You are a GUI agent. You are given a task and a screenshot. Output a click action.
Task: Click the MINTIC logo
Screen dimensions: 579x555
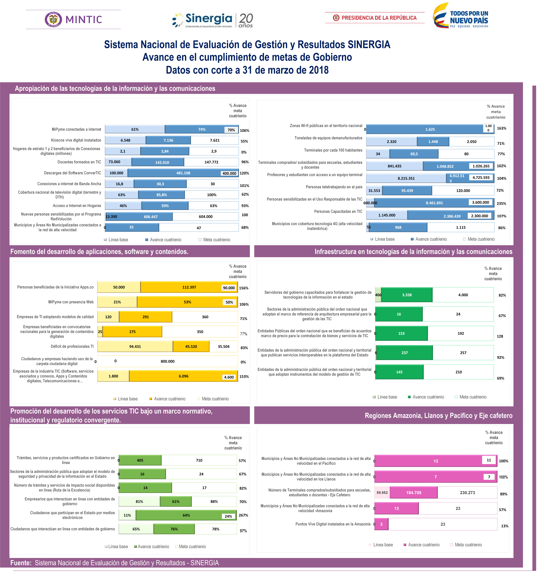click(x=73, y=20)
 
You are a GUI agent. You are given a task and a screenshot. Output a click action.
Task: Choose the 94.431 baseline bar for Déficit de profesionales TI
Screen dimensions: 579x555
click(x=135, y=347)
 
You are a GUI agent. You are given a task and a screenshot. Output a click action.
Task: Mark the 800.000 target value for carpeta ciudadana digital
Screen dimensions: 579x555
click(x=168, y=361)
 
